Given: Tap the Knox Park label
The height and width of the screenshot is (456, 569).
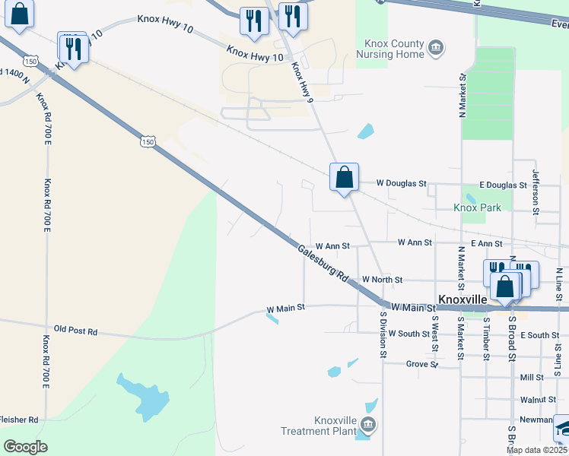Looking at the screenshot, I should (477, 207).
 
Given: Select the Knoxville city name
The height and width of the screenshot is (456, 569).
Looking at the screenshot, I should (463, 299).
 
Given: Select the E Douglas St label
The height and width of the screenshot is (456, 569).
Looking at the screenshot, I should (503, 185).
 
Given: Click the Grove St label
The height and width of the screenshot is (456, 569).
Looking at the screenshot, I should (421, 364).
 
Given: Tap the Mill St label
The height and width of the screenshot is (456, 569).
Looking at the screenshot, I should (532, 377).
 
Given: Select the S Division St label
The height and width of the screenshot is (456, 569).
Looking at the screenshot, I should (383, 334).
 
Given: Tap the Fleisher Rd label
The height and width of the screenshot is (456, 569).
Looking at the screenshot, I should (18, 419).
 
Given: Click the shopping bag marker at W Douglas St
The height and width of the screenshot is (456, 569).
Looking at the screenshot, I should (344, 177).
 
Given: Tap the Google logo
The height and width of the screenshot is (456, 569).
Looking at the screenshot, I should (26, 447).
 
